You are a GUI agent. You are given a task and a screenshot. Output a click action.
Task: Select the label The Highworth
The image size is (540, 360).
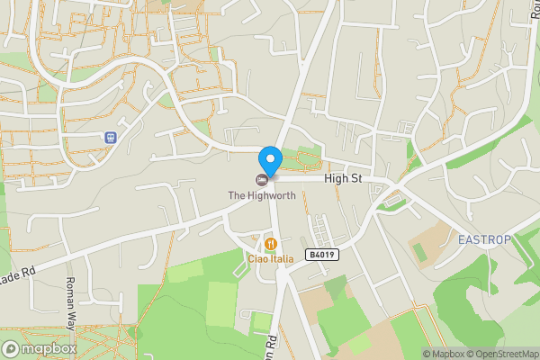point(261,195)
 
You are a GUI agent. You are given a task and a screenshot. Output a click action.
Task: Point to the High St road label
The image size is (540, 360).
point(343,179)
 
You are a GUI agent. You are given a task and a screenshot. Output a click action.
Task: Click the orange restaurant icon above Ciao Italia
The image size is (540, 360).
point(269,244)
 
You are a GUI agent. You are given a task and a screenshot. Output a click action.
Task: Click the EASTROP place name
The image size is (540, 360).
point(484,239)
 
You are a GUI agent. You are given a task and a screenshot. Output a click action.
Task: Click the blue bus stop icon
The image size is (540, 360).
point(111,139)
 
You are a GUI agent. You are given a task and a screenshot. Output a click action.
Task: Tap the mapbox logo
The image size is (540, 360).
point(40,348)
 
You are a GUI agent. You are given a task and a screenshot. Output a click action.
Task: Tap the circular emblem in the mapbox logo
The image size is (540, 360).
point(12,348)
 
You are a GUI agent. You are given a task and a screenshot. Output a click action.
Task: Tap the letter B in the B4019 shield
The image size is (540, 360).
point(310,255)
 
